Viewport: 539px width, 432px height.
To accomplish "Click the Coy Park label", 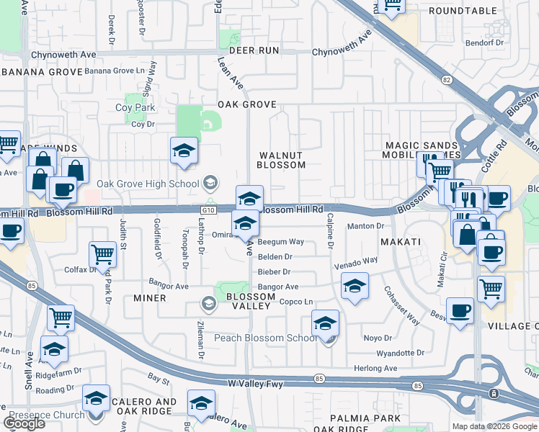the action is (x=135, y=108).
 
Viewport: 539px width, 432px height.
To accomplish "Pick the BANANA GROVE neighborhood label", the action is (x=43, y=72).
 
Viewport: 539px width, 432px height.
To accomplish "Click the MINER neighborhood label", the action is (x=150, y=298).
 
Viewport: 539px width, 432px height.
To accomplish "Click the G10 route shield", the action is (x=209, y=210).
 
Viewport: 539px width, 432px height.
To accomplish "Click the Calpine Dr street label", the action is (x=330, y=231).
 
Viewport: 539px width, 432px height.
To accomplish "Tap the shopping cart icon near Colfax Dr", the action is (x=102, y=253).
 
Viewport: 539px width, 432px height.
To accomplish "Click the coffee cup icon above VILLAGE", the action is (x=460, y=310).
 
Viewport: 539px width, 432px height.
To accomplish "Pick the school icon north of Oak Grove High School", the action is (x=184, y=150).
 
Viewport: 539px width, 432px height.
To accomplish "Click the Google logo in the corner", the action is (x=24, y=424).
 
